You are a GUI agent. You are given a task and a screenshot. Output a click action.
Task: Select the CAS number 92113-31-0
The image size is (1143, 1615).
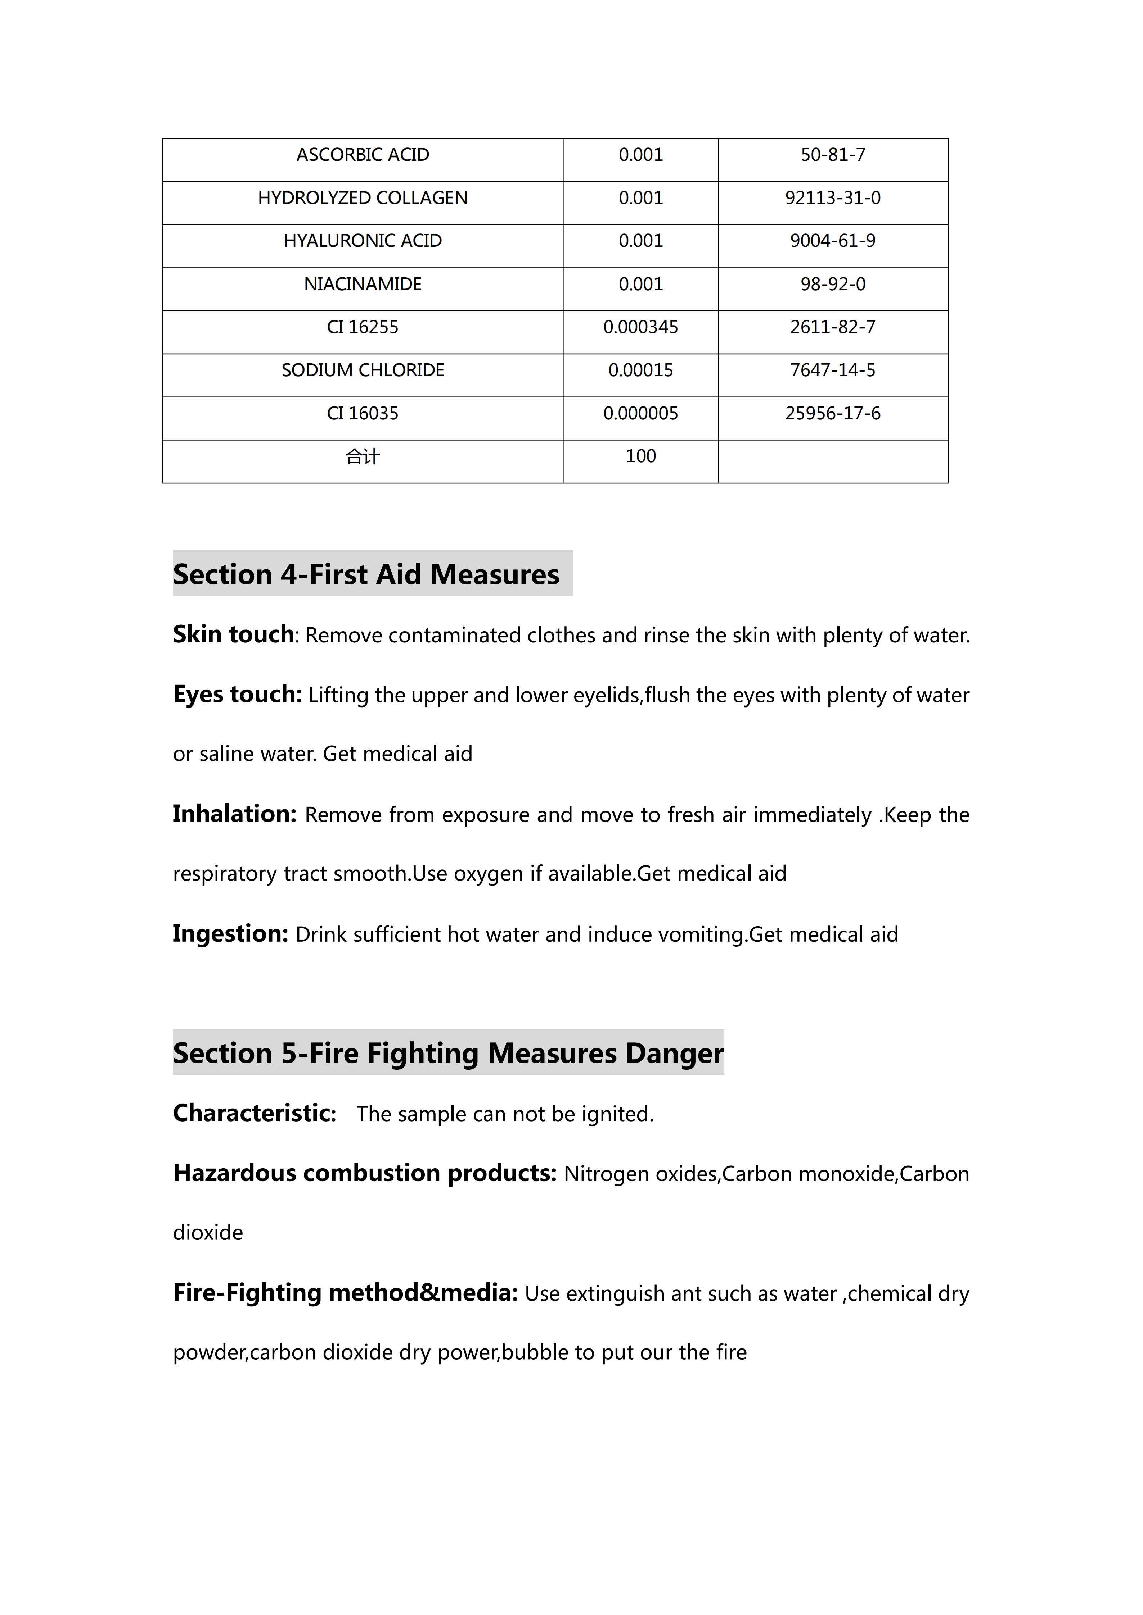(x=833, y=198)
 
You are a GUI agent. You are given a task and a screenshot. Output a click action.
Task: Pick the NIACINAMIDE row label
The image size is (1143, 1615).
(x=363, y=284)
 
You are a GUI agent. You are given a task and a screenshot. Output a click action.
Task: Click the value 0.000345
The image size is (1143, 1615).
(x=640, y=327)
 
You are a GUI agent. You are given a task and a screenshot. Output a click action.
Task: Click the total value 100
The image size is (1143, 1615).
(x=640, y=456)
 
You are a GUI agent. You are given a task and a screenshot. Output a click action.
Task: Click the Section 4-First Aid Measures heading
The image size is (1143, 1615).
(x=366, y=574)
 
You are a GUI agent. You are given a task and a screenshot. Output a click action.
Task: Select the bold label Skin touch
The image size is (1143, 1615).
(x=233, y=634)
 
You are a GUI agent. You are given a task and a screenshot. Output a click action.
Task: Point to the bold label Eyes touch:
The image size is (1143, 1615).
(x=237, y=694)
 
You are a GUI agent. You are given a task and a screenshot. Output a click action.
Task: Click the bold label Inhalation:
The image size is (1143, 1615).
(x=234, y=814)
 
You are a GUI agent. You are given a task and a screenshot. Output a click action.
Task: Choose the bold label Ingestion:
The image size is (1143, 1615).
(x=230, y=933)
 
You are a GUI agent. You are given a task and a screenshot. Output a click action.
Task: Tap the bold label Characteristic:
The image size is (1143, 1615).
(x=254, y=1113)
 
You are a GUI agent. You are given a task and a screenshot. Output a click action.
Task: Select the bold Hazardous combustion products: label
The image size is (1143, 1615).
(x=365, y=1173)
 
